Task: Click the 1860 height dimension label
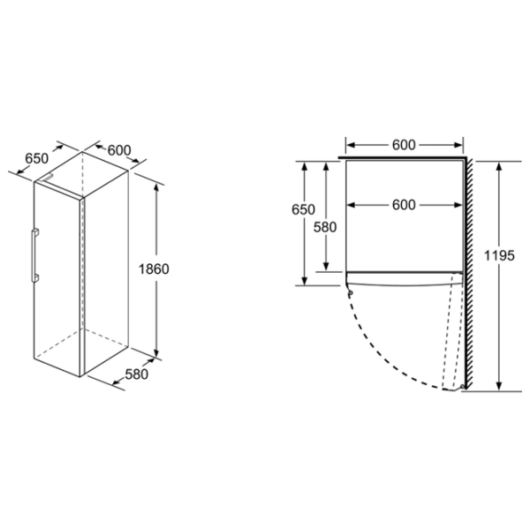(x=154, y=269)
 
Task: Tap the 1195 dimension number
(x=499, y=255)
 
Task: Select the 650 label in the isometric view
(x=37, y=158)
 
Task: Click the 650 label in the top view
(x=303, y=209)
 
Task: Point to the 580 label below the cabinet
(x=137, y=375)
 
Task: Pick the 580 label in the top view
(x=325, y=227)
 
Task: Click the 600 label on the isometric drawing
(x=119, y=150)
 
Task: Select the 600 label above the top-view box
(x=404, y=145)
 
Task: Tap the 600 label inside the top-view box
(x=404, y=205)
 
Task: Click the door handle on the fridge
(x=34, y=255)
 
